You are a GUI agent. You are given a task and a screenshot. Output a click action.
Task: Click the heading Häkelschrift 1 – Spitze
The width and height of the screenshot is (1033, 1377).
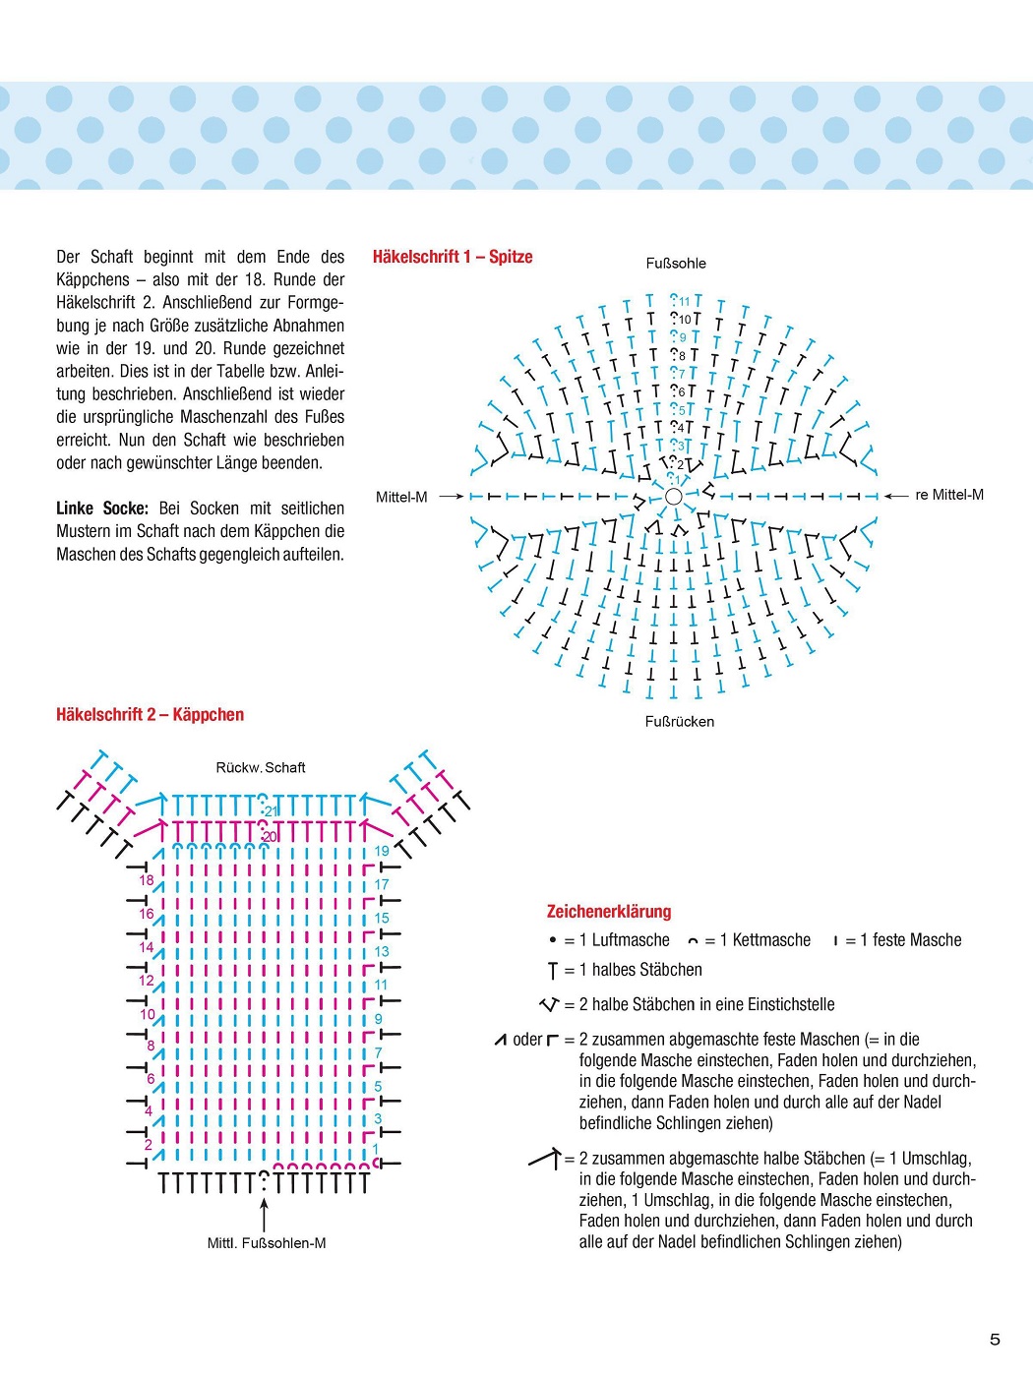click(x=453, y=257)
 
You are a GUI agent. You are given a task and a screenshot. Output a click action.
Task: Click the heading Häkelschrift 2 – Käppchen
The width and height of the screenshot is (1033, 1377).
click(x=150, y=715)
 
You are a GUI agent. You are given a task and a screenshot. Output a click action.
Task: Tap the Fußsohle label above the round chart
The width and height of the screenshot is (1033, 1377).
click(x=676, y=264)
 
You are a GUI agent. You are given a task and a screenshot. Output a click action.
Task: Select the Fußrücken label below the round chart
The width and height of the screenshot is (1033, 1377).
click(x=679, y=722)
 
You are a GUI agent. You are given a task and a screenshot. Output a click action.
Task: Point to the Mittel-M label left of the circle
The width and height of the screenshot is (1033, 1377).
click(x=401, y=498)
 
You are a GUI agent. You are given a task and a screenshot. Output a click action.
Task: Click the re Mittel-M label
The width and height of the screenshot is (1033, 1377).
click(x=948, y=495)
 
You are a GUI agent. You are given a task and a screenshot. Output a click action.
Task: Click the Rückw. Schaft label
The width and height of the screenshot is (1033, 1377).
click(x=261, y=768)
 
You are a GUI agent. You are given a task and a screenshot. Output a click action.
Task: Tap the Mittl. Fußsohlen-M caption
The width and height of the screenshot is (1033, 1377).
click(x=267, y=1243)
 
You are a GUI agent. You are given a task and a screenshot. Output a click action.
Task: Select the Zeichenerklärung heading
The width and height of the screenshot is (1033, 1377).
click(x=609, y=912)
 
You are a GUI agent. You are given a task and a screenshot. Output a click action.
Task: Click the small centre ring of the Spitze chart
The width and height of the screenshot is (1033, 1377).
click(x=674, y=497)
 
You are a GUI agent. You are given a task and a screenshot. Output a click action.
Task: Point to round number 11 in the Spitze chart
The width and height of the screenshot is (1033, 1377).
click(x=684, y=302)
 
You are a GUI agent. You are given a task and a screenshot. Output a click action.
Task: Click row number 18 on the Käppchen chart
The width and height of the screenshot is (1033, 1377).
click(x=147, y=880)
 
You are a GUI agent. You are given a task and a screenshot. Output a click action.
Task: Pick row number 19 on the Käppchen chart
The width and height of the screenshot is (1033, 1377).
click(x=382, y=851)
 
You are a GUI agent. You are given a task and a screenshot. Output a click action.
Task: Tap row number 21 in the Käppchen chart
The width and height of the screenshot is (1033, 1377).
click(x=272, y=812)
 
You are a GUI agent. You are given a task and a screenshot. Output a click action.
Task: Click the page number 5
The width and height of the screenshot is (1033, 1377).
click(x=995, y=1340)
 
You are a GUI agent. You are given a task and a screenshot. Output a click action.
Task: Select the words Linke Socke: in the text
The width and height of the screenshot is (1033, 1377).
click(x=102, y=509)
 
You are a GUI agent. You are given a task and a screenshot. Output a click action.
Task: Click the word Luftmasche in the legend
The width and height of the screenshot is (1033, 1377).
click(x=631, y=940)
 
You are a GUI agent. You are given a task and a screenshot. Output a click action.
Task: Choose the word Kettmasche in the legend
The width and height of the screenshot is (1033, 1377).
click(x=771, y=940)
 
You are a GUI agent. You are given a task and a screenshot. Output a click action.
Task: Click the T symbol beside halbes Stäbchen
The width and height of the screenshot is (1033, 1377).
click(x=553, y=971)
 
